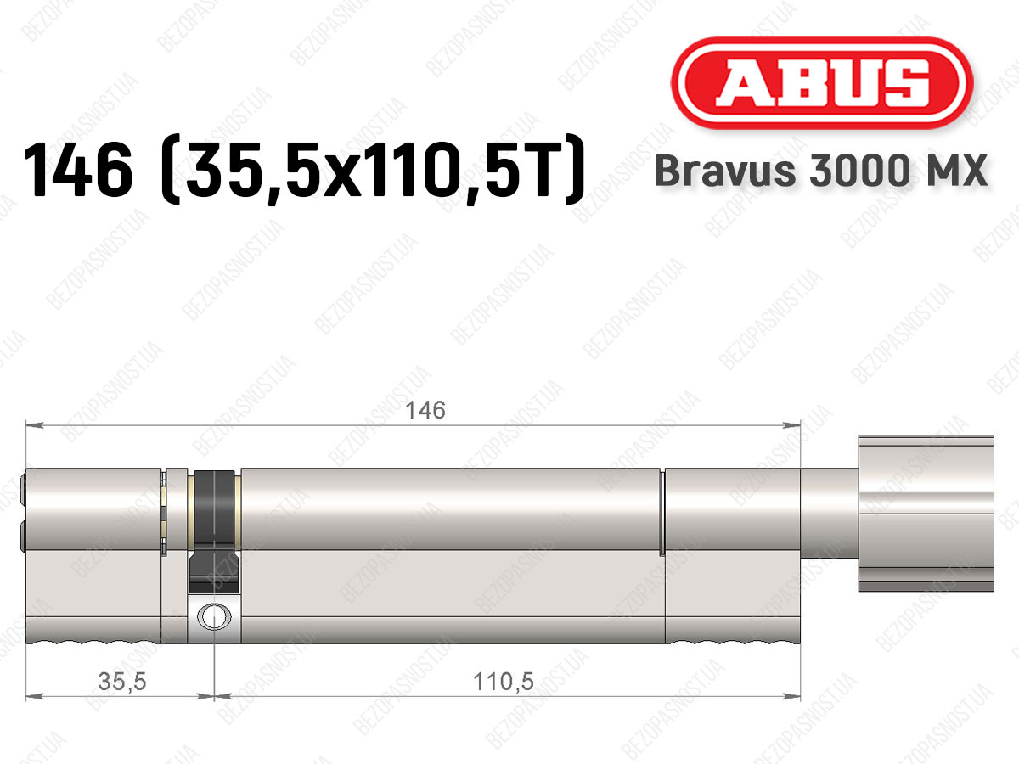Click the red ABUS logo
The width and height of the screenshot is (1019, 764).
[822, 82]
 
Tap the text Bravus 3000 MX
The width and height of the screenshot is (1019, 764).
[821, 171]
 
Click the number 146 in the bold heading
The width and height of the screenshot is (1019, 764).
[78, 169]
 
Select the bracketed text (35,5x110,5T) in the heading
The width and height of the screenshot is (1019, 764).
[372, 169]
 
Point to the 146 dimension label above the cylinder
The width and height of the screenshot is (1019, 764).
[425, 411]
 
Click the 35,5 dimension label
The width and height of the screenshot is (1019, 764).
[122, 682]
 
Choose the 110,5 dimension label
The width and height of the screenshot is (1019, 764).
[504, 682]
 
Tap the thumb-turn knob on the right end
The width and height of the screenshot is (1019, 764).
[926, 513]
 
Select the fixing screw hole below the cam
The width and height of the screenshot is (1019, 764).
[214, 617]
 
